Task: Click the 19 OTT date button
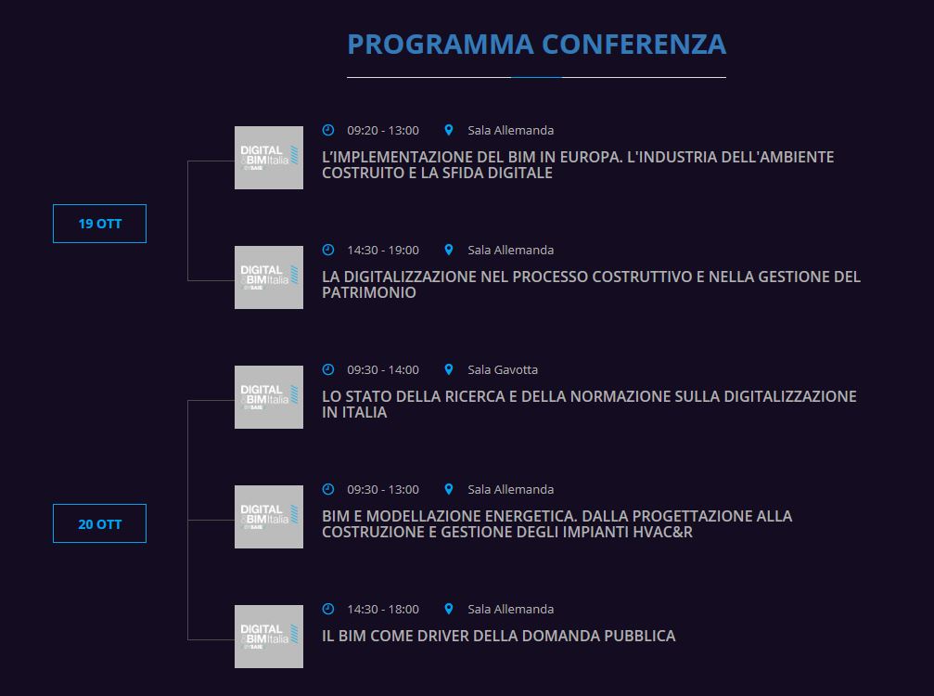(99, 224)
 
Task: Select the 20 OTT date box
(99, 523)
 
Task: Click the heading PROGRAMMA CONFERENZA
(537, 45)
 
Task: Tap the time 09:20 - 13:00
(383, 131)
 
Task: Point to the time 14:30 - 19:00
(383, 251)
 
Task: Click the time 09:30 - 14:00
(383, 370)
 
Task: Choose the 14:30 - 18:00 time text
(383, 610)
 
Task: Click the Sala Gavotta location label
(503, 370)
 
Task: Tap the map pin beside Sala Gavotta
(449, 369)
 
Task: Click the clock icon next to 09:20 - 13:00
(328, 130)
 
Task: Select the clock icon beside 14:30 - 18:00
(328, 609)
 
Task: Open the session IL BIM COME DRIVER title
(499, 636)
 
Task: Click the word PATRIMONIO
(369, 292)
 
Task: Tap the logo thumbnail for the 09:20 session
(269, 158)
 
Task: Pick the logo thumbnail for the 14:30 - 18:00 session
(269, 637)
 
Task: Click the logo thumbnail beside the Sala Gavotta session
(269, 397)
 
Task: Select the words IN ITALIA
(354, 412)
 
